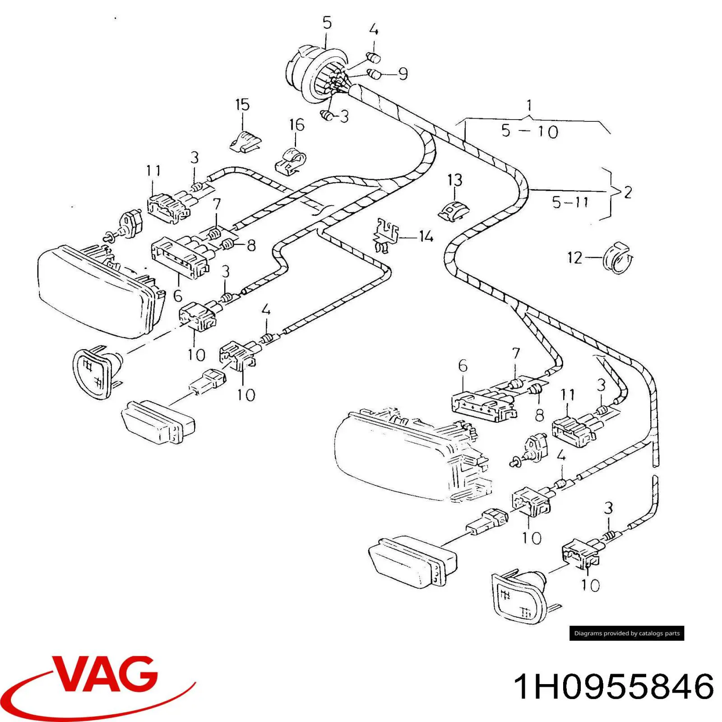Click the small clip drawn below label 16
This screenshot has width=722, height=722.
290,161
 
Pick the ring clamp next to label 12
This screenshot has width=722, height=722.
619,259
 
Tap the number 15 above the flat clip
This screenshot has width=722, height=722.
242,105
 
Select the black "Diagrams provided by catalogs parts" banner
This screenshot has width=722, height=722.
627,633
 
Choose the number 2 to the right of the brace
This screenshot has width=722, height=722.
627,192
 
